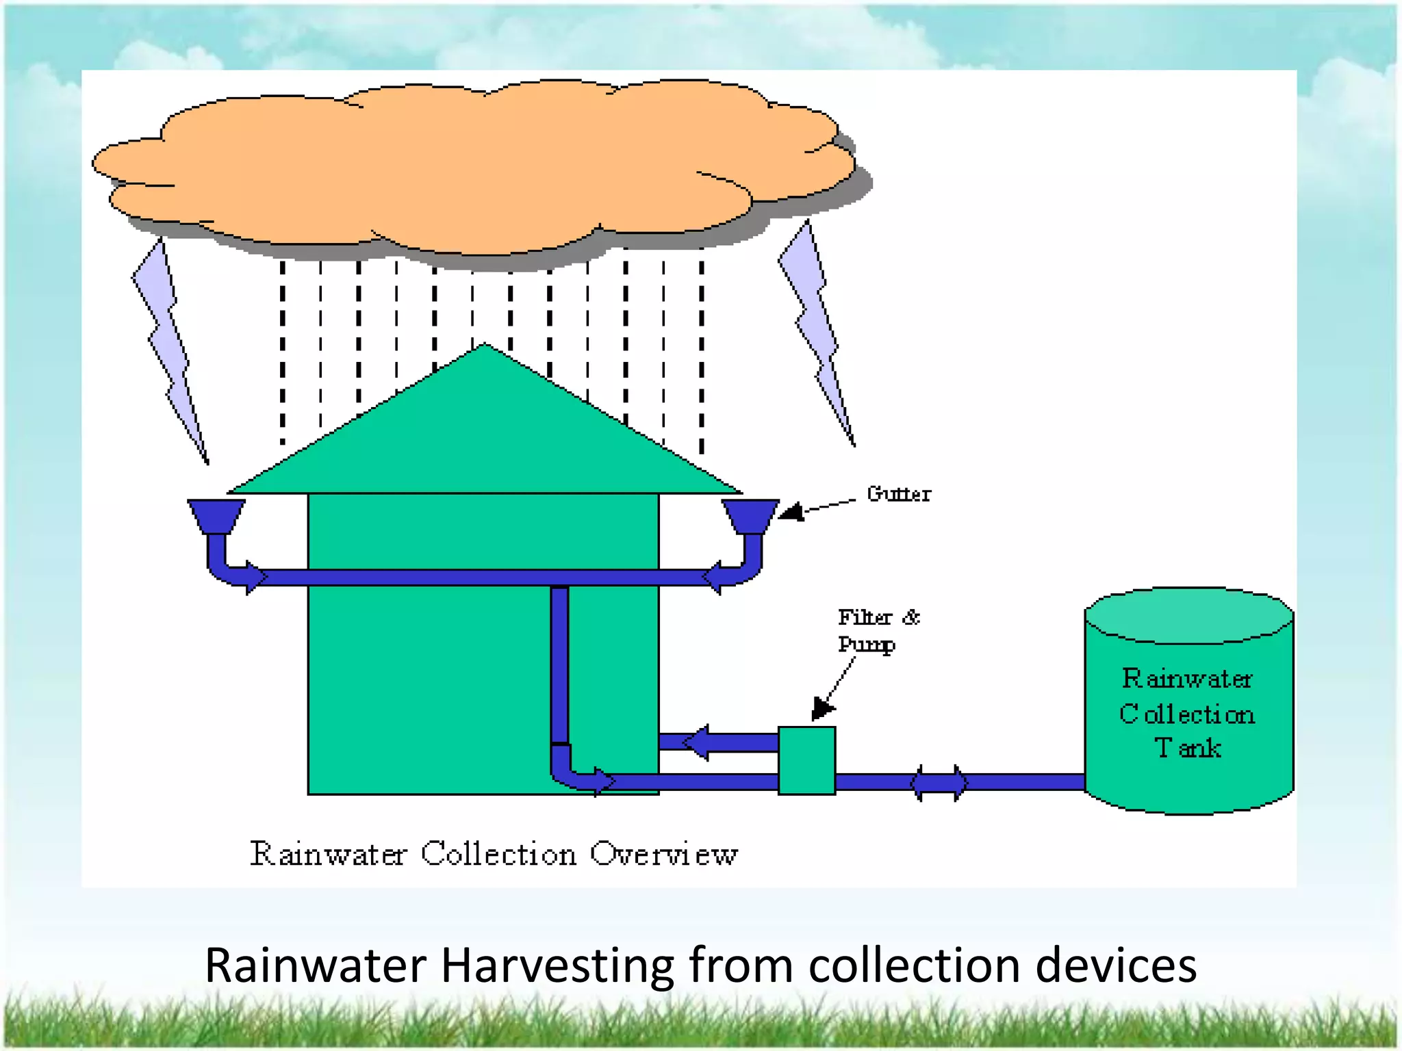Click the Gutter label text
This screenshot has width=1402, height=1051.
click(898, 494)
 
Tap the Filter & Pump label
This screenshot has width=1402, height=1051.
click(878, 631)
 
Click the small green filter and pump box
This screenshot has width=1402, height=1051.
click(806, 760)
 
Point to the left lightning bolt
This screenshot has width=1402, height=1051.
click(168, 349)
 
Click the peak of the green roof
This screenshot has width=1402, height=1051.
click(485, 349)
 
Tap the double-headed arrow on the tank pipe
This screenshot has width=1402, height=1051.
click(939, 783)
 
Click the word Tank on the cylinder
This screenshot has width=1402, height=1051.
click(1188, 748)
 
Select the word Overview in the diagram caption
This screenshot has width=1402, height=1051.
click(663, 854)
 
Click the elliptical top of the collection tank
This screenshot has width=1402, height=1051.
click(1188, 615)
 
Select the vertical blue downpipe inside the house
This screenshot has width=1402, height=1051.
click(559, 664)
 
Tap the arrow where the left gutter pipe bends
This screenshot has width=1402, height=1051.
click(253, 577)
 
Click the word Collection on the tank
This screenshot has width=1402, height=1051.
click(1188, 714)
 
